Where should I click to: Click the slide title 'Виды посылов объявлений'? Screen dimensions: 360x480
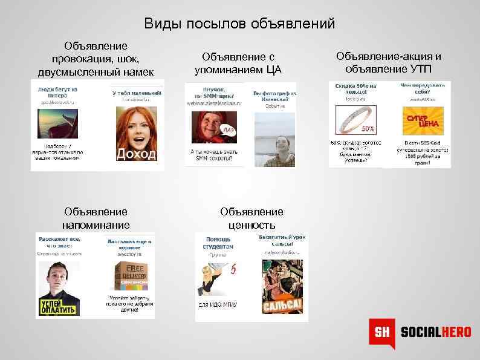[x=239, y=24]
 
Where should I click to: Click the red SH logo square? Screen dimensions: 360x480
[x=381, y=333]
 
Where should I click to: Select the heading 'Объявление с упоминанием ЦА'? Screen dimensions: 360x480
[x=242, y=63]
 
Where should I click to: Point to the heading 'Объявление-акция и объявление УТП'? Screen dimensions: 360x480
[x=389, y=62]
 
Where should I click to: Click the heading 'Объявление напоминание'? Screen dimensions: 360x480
[x=96, y=218]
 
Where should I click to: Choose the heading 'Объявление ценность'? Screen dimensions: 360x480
[x=251, y=218]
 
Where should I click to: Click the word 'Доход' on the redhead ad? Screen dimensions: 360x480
[x=136, y=154]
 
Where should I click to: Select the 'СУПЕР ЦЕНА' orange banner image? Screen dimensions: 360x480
[x=423, y=120]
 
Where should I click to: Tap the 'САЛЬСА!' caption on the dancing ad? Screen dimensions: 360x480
[x=282, y=305]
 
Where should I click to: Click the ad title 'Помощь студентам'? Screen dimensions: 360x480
[x=218, y=243]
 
